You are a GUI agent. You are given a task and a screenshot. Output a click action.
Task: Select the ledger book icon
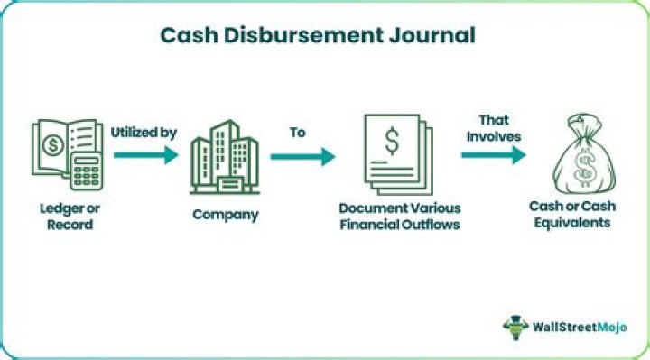60,153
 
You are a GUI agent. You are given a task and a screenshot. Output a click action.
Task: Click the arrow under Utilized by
144,156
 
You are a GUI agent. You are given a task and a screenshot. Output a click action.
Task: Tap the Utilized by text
144,132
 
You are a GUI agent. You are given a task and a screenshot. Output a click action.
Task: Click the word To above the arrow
297,132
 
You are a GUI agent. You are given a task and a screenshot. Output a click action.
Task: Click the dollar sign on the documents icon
393,141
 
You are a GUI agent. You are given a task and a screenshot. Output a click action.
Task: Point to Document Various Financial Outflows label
399,217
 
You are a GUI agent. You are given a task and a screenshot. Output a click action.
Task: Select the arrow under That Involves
494,154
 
